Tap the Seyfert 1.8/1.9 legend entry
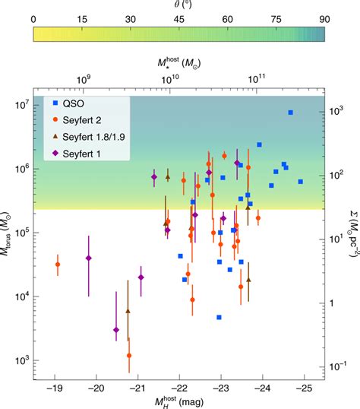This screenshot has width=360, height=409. (x=96, y=138)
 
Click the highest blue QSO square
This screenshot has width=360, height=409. (x=290, y=113)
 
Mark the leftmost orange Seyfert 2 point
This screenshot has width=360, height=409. (x=58, y=265)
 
